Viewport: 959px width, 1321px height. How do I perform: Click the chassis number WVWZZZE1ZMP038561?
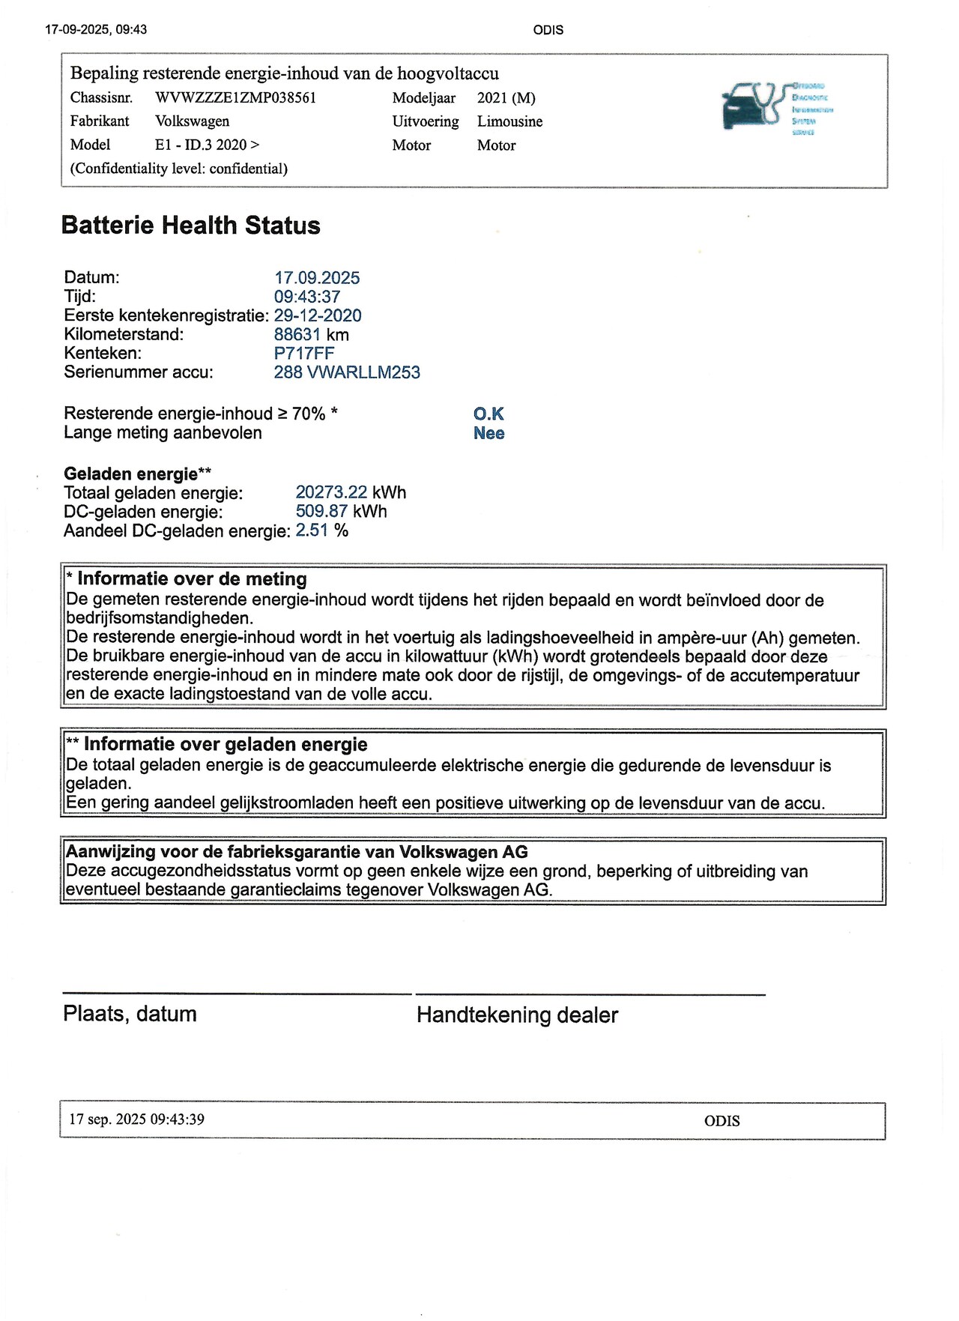(x=235, y=98)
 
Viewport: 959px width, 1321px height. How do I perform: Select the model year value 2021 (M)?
(x=506, y=98)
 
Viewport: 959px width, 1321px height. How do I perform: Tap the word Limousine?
(x=509, y=121)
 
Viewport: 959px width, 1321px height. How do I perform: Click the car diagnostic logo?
(x=776, y=108)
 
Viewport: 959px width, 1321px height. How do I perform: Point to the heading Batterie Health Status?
(x=190, y=226)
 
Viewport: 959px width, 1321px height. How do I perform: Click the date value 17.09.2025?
(x=316, y=278)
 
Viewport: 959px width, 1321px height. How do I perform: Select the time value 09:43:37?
(x=306, y=297)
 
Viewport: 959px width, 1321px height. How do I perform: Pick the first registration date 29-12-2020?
(x=318, y=315)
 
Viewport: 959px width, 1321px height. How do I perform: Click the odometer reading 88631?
(x=297, y=335)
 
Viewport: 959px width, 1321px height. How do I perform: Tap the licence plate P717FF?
(x=303, y=354)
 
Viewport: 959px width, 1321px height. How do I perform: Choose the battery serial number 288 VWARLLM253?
(x=346, y=372)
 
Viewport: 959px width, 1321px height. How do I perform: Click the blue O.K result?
(x=488, y=414)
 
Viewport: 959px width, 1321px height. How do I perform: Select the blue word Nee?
(x=488, y=433)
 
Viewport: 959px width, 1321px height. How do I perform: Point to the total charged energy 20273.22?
(x=331, y=492)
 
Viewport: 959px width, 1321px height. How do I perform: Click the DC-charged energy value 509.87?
(x=321, y=512)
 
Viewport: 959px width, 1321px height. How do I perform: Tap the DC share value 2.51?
(x=312, y=530)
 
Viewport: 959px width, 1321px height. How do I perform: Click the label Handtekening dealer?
(x=517, y=1015)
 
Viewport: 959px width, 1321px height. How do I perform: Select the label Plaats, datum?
(x=130, y=1014)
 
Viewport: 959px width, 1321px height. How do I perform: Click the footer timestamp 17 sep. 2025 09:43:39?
(x=136, y=1119)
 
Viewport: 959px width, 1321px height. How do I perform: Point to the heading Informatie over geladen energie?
(x=225, y=744)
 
